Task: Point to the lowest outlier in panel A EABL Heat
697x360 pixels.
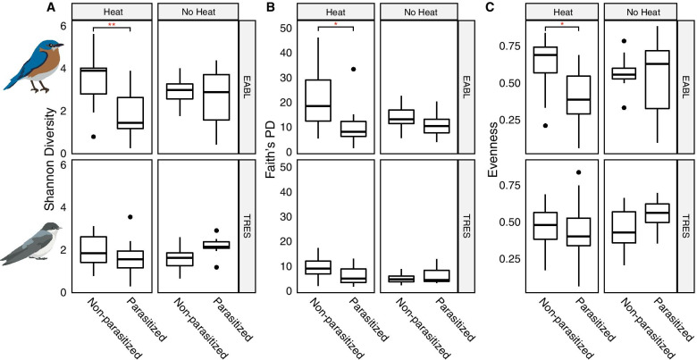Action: click(93, 137)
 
